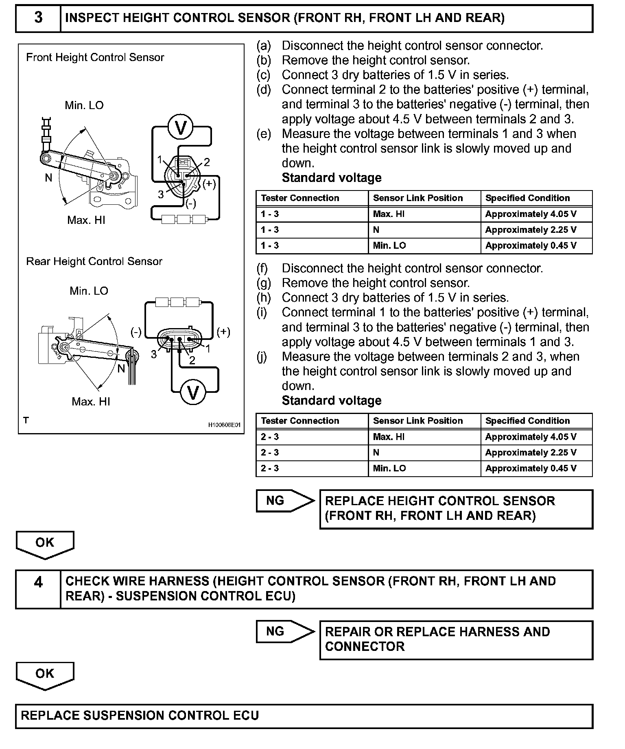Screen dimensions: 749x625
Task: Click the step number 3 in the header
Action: click(38, 18)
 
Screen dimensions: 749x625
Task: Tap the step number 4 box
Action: click(38, 583)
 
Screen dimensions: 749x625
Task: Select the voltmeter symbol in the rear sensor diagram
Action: click(193, 392)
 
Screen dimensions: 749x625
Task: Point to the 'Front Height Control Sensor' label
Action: click(95, 57)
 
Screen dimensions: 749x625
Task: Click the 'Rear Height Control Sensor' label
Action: click(94, 261)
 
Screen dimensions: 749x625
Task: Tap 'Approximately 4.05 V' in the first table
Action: click(531, 214)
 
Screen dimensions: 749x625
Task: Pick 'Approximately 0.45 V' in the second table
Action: click(531, 468)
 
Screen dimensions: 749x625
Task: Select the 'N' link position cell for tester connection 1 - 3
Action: click(376, 230)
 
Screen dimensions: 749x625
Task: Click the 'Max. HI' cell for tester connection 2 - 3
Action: click(389, 437)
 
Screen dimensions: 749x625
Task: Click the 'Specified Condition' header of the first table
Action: click(527, 198)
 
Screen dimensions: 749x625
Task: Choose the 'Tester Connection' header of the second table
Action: click(300, 421)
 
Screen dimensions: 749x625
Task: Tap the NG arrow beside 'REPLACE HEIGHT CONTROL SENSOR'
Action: click(284, 501)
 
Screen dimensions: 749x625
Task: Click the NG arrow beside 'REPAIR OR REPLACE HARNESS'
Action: click(284, 631)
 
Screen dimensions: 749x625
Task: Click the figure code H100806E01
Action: click(224, 425)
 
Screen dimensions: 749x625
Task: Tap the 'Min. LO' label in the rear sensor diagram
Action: click(89, 291)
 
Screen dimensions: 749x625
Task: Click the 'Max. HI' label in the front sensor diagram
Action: click(86, 220)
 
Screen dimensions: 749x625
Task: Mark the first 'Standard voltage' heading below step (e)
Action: click(332, 178)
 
